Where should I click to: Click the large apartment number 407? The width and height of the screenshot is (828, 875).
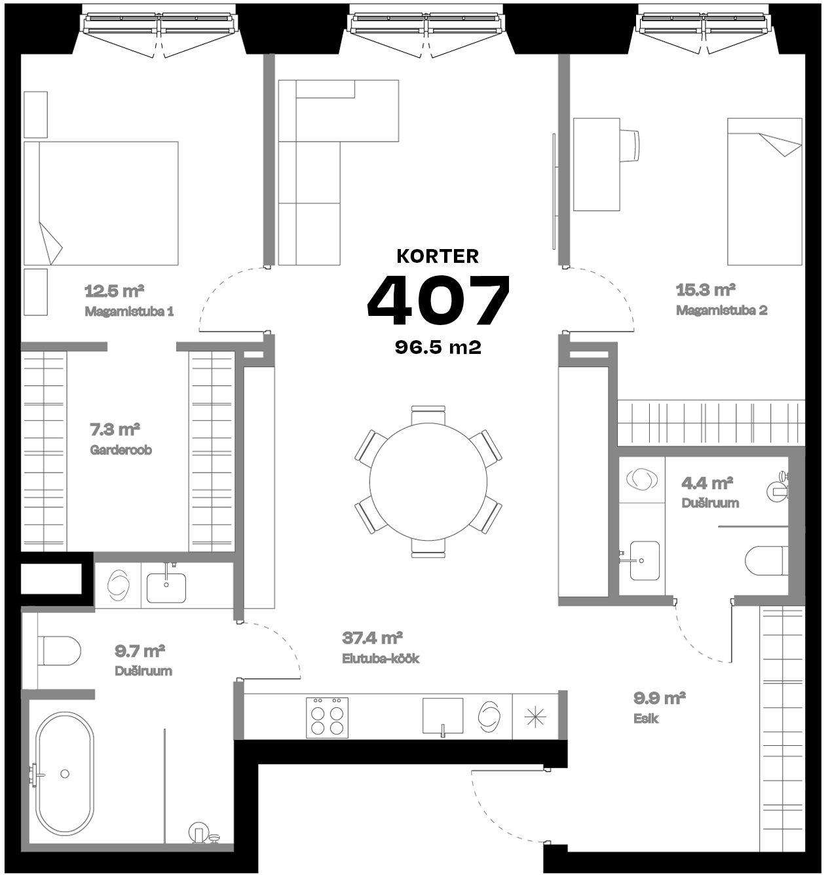point(438,301)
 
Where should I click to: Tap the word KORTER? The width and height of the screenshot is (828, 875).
point(438,256)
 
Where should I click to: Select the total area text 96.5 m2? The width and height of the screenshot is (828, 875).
point(438,347)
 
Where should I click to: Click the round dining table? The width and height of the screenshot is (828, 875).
point(428,482)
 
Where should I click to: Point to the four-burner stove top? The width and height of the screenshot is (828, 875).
point(327,718)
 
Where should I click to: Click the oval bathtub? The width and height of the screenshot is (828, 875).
point(64,774)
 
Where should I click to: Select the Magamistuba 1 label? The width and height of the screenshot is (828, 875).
point(129,311)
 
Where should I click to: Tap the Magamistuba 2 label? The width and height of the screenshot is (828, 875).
point(721,310)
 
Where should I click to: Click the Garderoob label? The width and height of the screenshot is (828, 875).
point(121,450)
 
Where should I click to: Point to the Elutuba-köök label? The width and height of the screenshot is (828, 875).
point(381,658)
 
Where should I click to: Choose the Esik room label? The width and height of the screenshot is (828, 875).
point(646,718)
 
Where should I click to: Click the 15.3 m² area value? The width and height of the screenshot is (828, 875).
point(705,290)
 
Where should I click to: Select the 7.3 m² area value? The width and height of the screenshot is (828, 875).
point(115,430)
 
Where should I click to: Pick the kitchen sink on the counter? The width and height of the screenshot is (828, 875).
point(442,716)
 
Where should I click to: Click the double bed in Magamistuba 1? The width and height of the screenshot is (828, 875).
point(101,203)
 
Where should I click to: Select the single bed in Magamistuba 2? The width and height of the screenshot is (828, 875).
point(764,191)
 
